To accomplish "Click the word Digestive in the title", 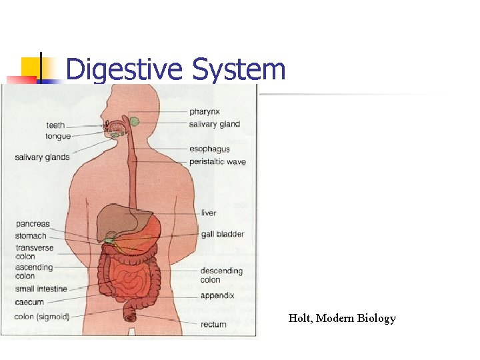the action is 125,69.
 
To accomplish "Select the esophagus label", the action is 209,149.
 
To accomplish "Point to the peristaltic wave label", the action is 217,162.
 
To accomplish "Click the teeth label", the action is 55,125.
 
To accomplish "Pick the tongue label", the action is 58,137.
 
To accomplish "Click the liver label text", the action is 209,213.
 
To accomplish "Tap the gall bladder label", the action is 223,235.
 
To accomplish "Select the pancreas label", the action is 33,225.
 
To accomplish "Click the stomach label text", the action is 31,236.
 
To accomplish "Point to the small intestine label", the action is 41,289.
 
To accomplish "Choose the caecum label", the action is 29,302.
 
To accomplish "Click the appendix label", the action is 217,295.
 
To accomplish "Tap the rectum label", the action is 213,325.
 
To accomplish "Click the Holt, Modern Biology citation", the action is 342,319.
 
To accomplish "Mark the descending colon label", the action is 221,275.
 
